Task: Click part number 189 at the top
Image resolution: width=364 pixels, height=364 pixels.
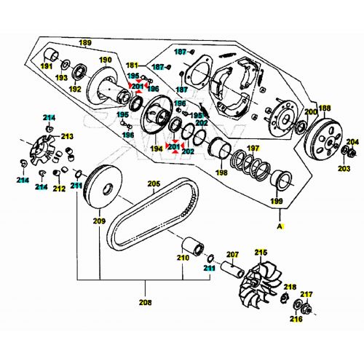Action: coord(85,44)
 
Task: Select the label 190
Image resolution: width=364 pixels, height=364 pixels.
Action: coord(106,60)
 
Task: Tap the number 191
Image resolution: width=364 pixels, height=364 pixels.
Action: coord(47,66)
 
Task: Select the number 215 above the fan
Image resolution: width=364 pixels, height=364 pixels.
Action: coord(260,252)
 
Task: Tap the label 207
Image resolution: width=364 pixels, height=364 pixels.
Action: coord(232,255)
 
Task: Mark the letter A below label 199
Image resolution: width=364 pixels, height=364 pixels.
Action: coord(278,227)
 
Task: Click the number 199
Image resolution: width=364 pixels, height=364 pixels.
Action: coord(278,199)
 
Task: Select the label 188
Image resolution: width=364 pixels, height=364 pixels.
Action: coord(324,108)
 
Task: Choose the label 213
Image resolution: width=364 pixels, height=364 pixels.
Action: coord(67,136)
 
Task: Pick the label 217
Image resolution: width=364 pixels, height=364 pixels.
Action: coord(306,294)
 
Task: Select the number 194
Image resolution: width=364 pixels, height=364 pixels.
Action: coord(155,149)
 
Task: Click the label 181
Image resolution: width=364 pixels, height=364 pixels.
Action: coord(132,66)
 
